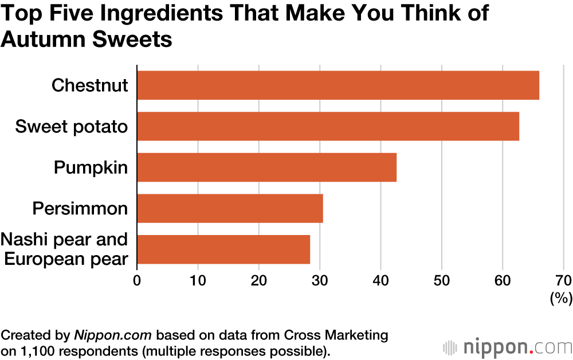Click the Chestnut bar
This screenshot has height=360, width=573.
[338, 85]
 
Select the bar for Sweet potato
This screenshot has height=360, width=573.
[328, 126]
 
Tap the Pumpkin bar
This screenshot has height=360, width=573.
[266, 167]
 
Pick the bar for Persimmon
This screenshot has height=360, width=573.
[230, 208]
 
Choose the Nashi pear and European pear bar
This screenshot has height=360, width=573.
[223, 249]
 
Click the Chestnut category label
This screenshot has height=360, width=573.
[89, 85]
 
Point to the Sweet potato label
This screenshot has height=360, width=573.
[72, 126]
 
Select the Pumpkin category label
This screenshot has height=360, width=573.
[91, 167]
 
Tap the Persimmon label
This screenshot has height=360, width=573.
[80, 208]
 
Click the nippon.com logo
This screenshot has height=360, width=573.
[507, 347]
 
